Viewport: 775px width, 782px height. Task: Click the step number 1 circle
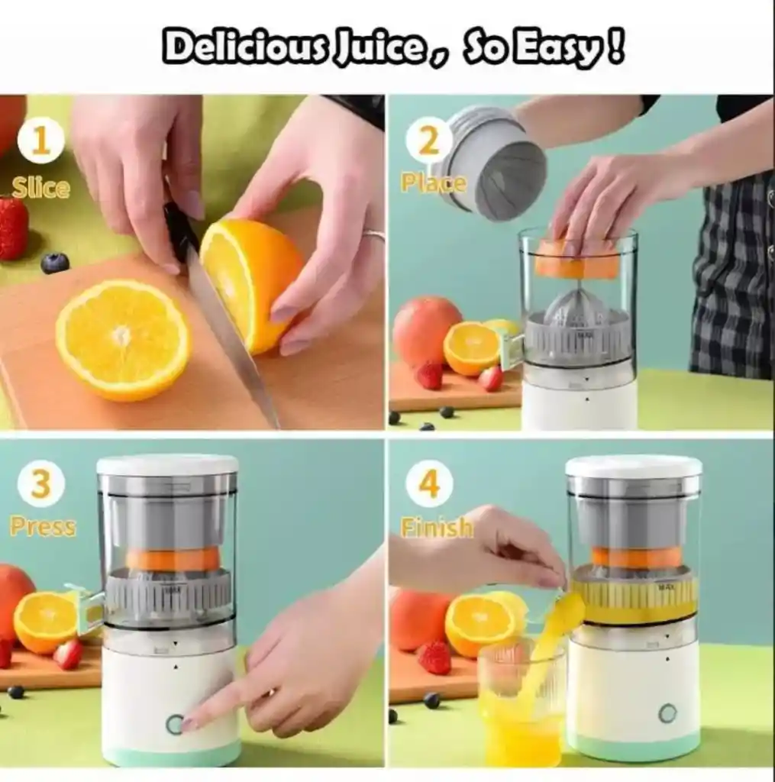41,141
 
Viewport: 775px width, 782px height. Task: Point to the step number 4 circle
429,483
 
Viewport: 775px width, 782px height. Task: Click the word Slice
40,188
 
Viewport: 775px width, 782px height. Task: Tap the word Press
43,527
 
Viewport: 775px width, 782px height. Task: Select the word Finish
437,527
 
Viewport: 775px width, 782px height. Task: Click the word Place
433,183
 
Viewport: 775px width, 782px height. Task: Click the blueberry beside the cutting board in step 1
55,263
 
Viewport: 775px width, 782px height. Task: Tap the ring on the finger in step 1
375,234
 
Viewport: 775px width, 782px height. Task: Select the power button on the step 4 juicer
667,714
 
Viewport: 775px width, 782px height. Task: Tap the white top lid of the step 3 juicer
167,465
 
